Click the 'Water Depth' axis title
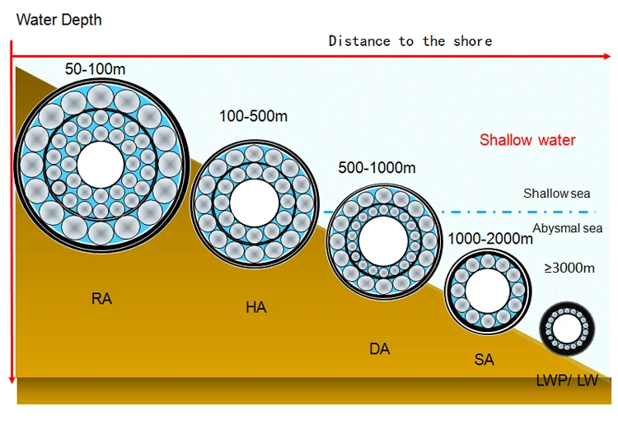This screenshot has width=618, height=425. click(59, 19)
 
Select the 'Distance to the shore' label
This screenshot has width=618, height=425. click(410, 40)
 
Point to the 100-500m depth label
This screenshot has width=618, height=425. click(253, 117)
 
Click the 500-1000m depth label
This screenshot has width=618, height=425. click(377, 168)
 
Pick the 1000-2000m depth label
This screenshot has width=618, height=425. click(490, 239)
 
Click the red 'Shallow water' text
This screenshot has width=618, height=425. click(527, 140)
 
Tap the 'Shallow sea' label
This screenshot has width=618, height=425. click(557, 194)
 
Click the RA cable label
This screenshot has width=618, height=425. click(101, 299)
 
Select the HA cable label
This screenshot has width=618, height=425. click(255, 308)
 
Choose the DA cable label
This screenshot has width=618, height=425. click(379, 349)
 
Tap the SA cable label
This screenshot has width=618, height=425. click(484, 361)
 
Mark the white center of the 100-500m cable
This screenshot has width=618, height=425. click(254, 202)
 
